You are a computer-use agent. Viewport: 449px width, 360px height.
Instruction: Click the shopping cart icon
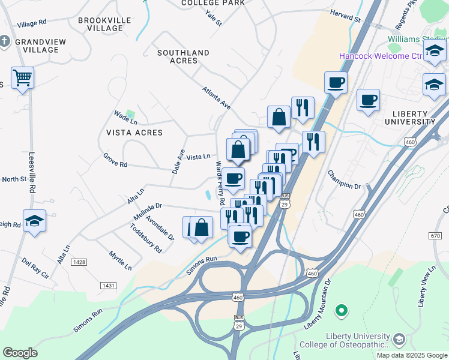coord(22,77)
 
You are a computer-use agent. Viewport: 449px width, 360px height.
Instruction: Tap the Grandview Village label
coord(37,46)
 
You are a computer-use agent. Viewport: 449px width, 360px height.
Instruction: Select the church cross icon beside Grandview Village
coord(5,41)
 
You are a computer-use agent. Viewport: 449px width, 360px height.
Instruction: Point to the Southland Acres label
coord(183,56)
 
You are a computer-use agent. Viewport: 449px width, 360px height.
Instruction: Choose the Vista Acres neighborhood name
coord(134,132)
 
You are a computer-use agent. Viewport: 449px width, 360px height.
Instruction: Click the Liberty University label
coord(414,118)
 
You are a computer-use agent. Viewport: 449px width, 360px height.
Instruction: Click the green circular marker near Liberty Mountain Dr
coord(342,310)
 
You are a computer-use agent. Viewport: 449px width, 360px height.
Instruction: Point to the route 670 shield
coord(436,235)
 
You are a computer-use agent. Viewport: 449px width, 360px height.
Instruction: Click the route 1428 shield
coord(79,262)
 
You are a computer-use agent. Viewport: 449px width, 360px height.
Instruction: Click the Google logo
coord(20,353)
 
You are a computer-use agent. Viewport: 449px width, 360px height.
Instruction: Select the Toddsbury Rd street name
coord(146,238)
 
